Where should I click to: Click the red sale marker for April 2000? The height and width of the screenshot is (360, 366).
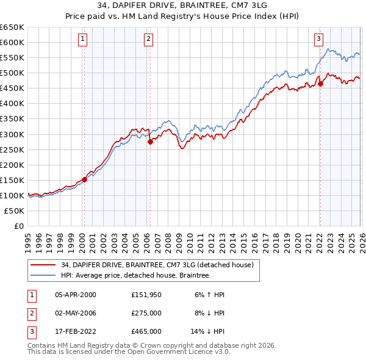pyautogui.click(x=85, y=179)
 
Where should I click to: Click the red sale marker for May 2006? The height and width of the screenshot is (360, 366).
pyautogui.click(x=150, y=142)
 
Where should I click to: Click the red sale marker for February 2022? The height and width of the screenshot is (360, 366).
pyautogui.click(x=320, y=84)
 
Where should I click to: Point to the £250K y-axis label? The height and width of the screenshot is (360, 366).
pyautogui.click(x=12, y=149)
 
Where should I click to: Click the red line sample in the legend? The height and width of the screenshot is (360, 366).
pyautogui.click(x=43, y=265)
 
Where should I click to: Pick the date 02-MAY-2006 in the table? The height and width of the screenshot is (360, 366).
pyautogui.click(x=76, y=313)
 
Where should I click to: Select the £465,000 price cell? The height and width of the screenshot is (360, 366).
pyautogui.click(x=146, y=331)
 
